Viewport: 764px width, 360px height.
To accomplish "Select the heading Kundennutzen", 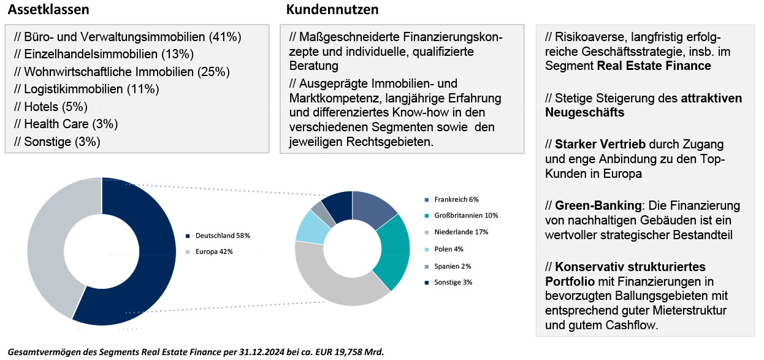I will pos(332,10).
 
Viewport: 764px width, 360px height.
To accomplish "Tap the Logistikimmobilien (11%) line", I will pos(86,89).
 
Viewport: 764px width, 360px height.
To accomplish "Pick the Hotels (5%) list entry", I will pos(51,107).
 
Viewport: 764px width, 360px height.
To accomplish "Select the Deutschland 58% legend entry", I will pos(223,236).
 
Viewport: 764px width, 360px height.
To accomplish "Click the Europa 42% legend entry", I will pos(214,251).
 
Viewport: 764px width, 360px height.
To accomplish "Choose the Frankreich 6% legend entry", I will pos(456,199).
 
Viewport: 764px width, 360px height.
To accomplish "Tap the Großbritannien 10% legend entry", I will pos(465,216).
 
